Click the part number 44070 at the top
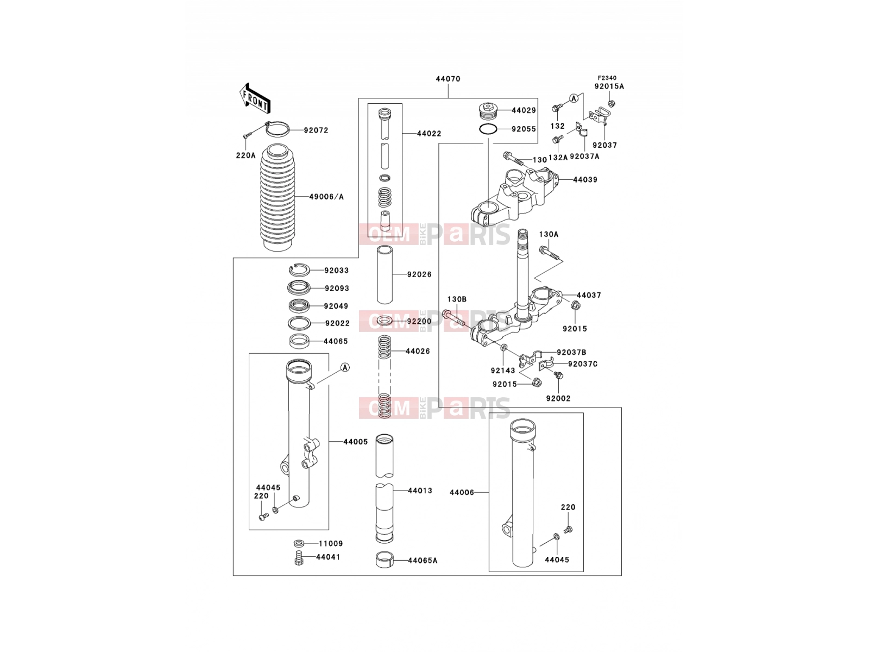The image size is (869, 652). click(448, 79)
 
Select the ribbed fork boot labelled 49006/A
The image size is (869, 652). click(278, 197)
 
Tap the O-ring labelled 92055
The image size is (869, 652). click(488, 129)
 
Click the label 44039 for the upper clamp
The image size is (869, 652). click(585, 180)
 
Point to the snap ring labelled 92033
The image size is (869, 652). click(298, 271)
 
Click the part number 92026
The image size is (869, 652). click(419, 274)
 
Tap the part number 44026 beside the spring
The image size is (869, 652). click(418, 351)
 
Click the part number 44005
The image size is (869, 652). click(356, 442)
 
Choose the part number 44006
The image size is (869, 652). click(462, 492)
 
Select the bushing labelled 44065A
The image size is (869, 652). click(385, 560)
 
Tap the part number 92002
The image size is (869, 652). click(558, 399)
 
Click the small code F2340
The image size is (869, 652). click(607, 78)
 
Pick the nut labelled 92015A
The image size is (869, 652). click(611, 104)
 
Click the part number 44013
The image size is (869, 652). click(420, 491)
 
